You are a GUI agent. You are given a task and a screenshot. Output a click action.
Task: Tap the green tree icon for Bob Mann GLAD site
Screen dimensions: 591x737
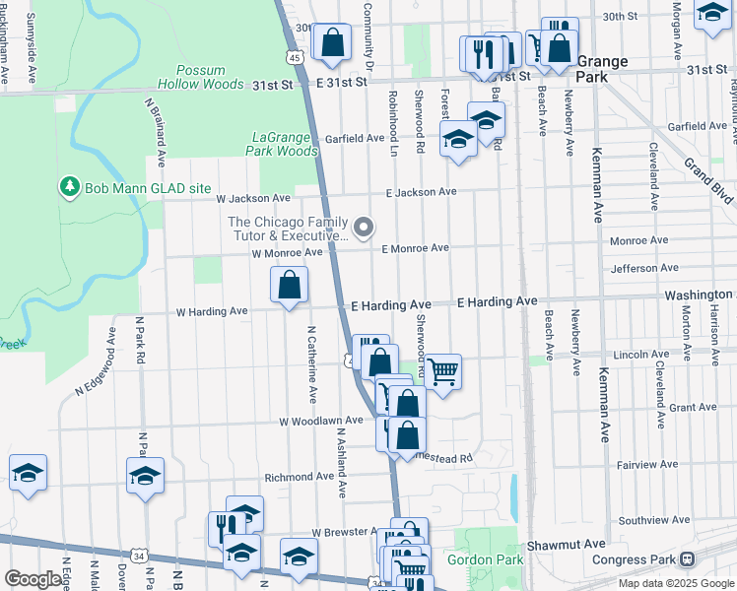coord(69,186)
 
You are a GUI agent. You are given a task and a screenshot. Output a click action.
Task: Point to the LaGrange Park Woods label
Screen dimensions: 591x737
coord(284,144)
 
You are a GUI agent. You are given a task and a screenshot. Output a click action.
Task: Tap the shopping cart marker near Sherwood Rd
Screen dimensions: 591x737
coord(443,372)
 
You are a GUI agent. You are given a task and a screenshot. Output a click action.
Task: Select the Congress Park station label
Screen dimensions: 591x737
coord(635,559)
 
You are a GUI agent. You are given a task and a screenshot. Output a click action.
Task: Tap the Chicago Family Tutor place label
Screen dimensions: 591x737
coord(288,229)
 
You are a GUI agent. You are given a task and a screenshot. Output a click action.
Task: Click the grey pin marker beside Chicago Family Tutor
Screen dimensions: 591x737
coord(364,229)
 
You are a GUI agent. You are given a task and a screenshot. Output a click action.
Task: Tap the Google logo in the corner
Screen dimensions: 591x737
coord(33,580)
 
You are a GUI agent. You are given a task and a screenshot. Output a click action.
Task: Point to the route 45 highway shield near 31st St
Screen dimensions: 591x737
coord(295,58)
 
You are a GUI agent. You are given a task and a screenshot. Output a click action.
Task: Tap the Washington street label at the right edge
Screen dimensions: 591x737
coord(698,295)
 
